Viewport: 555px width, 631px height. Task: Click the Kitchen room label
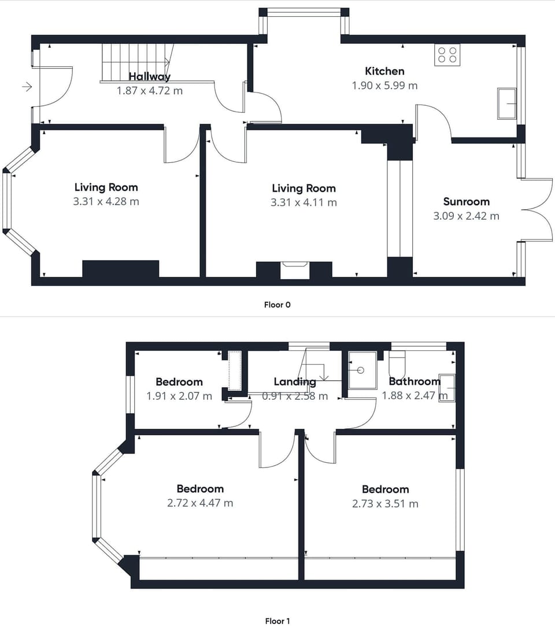click(x=384, y=71)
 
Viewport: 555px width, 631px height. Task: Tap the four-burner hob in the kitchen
click(x=447, y=55)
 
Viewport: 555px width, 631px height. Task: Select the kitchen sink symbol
click(x=507, y=103)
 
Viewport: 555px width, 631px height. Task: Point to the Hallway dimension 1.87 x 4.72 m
click(x=150, y=91)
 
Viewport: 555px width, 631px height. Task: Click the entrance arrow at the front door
click(x=27, y=87)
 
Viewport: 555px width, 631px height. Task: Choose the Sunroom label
click(x=467, y=202)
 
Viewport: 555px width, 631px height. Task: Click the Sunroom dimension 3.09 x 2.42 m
click(x=467, y=216)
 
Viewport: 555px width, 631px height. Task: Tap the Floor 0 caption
click(x=277, y=305)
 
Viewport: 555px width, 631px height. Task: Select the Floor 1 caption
click(x=277, y=621)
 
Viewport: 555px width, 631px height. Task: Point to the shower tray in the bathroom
click(x=362, y=370)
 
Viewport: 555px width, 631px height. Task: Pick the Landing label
click(x=295, y=381)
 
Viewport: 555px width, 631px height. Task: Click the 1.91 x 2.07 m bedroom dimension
click(x=179, y=396)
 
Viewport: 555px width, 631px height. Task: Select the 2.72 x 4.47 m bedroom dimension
click(x=200, y=503)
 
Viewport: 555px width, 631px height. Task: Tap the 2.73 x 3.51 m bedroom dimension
click(x=386, y=504)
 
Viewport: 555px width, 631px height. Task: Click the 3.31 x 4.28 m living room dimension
click(x=106, y=201)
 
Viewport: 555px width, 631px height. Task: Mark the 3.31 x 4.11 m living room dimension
click(x=304, y=202)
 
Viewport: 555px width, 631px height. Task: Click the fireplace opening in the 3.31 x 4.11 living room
click(x=295, y=270)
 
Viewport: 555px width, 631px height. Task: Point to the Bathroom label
click(x=415, y=381)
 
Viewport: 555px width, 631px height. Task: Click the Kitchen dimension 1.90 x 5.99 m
click(x=384, y=86)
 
